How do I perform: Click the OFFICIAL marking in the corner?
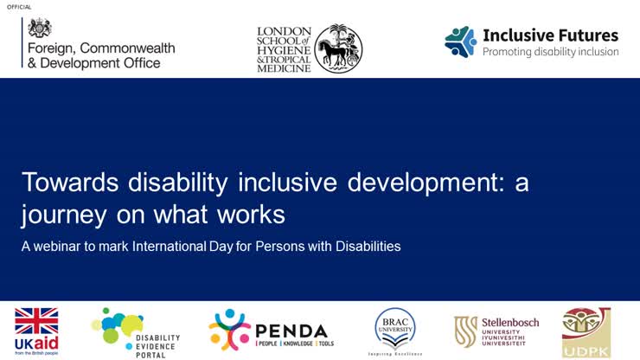coord(20,7)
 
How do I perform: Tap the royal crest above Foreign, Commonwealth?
coord(40,27)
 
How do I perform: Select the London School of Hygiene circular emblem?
coord(337,48)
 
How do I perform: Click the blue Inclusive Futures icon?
coord(460,41)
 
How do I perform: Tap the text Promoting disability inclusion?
coord(550,52)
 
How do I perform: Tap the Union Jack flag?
coord(36,322)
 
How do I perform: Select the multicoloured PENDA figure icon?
coord(229,330)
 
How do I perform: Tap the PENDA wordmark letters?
coord(291,331)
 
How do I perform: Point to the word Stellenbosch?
coord(509,323)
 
